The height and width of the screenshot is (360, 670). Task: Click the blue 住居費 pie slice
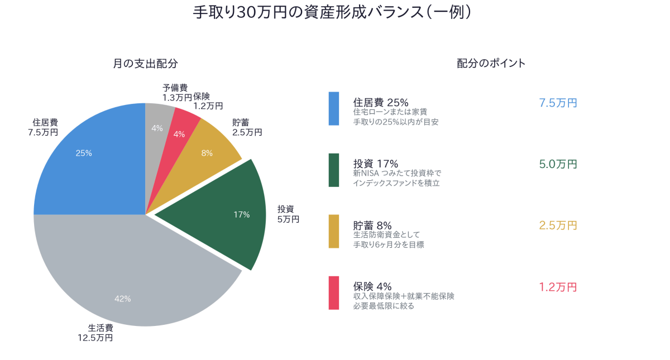point(95,167)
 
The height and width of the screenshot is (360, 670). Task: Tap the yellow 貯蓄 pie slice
point(212,145)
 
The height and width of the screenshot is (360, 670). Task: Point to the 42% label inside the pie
point(122,299)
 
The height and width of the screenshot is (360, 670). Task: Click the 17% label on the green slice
point(242,214)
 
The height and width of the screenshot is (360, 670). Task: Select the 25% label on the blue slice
point(84,152)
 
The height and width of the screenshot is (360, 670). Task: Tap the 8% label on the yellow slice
point(207,152)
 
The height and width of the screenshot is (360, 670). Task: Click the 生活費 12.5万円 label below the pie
point(96,333)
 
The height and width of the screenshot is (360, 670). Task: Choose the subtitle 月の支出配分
point(145,64)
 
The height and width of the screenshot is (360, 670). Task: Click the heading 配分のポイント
point(491,64)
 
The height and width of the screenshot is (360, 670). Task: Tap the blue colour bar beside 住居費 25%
point(334,108)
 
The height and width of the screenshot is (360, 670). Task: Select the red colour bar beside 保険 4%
point(334,292)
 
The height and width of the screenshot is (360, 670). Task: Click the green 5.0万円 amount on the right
point(558,164)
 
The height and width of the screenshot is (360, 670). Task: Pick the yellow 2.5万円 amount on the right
point(558,225)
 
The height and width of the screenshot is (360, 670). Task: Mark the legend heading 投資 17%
point(376,164)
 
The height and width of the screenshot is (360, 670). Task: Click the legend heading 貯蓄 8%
point(372,225)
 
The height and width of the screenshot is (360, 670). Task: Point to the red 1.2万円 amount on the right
point(558,287)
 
